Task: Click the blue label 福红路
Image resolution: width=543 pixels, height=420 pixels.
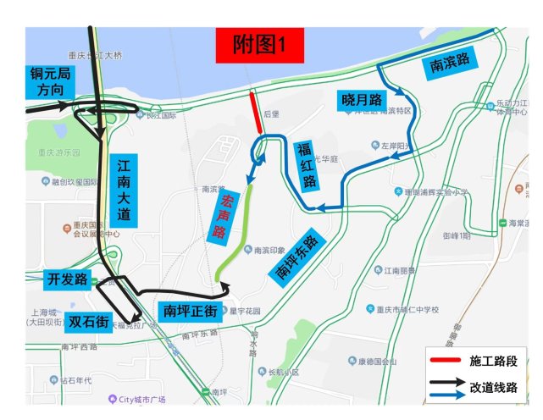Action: [308, 165]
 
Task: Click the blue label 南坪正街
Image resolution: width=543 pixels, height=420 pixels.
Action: [191, 309]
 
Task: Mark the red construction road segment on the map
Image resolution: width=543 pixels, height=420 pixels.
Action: [255, 112]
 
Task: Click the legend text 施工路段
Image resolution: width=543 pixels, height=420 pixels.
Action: [499, 361]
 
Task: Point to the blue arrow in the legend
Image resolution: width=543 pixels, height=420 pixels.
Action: [447, 395]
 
